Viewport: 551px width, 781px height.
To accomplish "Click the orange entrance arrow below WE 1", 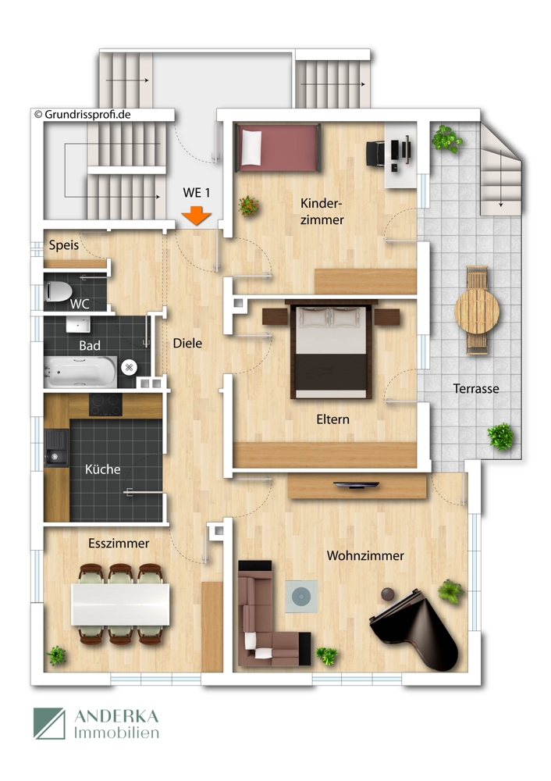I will (x=194, y=216).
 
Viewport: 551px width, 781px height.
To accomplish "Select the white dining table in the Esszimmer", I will (x=120, y=604).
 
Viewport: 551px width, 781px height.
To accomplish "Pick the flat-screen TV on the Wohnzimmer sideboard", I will (x=357, y=486).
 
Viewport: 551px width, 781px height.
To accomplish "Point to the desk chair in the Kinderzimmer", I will (x=375, y=152).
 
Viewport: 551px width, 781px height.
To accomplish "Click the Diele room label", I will (x=187, y=342).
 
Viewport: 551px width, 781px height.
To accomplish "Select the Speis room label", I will (x=64, y=244).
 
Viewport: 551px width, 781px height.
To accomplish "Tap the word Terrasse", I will (x=476, y=388).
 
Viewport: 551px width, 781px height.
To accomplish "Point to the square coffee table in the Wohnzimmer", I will (x=300, y=597).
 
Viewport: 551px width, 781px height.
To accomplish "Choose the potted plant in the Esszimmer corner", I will (x=56, y=654).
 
